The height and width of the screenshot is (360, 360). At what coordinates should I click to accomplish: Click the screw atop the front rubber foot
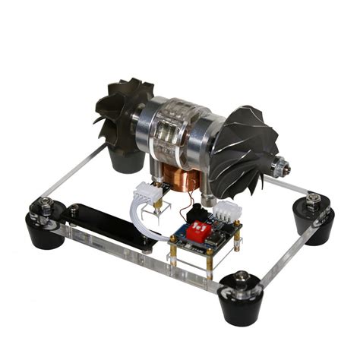click(241, 277)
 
